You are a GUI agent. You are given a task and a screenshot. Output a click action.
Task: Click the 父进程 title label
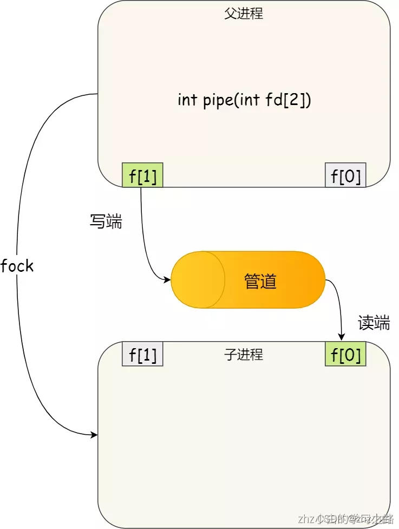point(244,14)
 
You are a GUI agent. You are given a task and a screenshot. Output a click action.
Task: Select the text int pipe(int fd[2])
point(244,100)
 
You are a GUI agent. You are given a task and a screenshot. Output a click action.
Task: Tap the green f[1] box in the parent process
point(143,175)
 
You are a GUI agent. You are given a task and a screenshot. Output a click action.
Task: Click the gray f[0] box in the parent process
point(345,175)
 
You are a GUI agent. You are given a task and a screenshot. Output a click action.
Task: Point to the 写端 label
point(106,221)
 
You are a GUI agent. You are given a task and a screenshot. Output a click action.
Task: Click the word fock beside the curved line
point(17,266)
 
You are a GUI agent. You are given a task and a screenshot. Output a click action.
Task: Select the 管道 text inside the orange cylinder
point(260,281)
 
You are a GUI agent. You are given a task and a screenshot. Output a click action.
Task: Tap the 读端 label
point(374,323)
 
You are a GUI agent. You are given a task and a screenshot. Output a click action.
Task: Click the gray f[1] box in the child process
point(143,354)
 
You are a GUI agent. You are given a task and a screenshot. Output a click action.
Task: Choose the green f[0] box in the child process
point(345,354)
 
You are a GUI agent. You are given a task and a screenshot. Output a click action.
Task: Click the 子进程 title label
point(244,355)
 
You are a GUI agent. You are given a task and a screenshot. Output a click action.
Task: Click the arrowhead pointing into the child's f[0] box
point(342,337)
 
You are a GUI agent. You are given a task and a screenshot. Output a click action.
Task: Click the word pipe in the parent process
point(217,101)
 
